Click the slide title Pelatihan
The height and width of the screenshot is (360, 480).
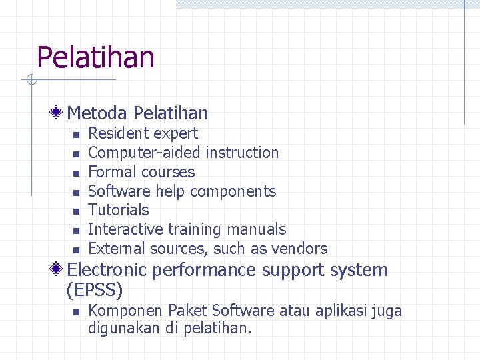[95, 57]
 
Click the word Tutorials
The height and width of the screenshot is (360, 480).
[118, 210]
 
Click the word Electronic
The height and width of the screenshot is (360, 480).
[107, 270]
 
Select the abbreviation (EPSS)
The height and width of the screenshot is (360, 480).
[95, 290]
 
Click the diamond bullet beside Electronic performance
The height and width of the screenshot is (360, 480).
[59, 269]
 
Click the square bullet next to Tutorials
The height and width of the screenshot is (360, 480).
[75, 211]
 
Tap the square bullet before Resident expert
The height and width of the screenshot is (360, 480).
[75, 135]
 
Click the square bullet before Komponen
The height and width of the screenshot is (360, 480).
[75, 312]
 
